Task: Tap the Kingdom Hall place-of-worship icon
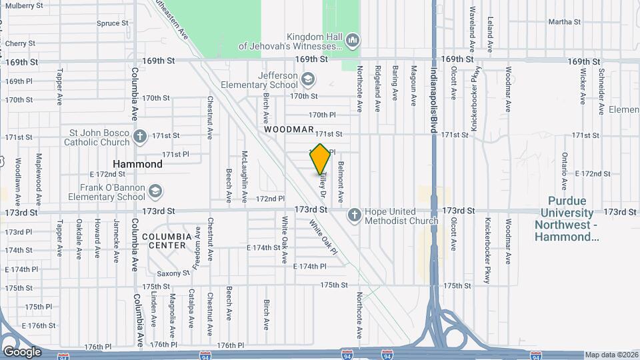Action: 353,41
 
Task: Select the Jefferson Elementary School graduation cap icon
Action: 307,80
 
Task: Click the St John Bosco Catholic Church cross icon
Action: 139,137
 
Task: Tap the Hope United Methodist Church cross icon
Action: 354,215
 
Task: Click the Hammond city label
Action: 137,164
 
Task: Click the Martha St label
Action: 565,22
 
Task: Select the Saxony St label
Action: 173,273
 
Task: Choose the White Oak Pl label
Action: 325,237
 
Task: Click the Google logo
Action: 22,351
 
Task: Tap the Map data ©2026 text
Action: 611,355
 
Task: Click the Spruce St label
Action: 112,23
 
